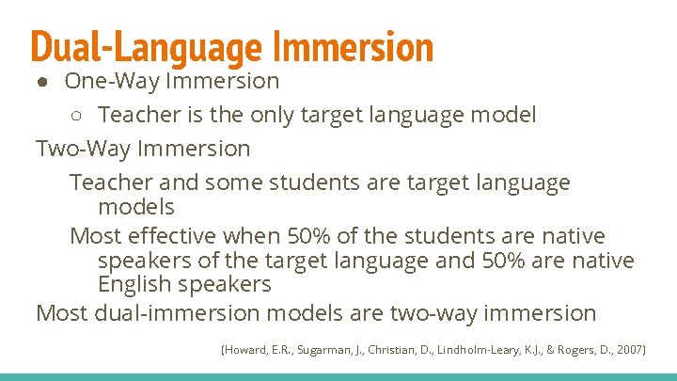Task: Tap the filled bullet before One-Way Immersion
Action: point(44,82)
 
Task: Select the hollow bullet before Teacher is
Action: point(78,116)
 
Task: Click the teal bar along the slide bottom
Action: point(338,377)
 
